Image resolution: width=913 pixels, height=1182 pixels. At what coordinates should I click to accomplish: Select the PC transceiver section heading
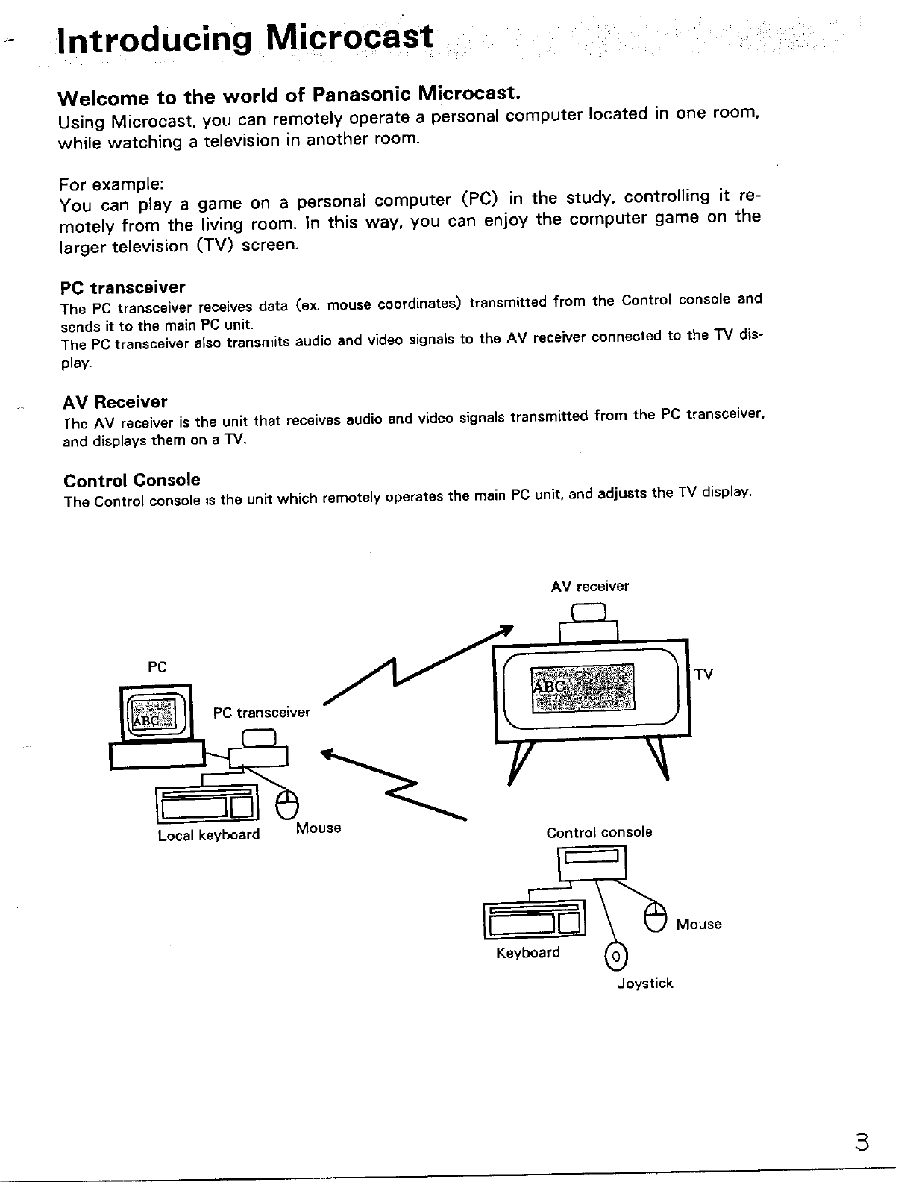(122, 287)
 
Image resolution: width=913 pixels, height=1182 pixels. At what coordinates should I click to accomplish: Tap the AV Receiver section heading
(115, 402)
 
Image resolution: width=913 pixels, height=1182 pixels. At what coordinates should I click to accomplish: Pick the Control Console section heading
(131, 479)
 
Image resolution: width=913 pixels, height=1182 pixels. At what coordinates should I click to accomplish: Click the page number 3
(863, 1144)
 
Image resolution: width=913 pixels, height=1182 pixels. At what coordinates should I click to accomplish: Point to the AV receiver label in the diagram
(589, 587)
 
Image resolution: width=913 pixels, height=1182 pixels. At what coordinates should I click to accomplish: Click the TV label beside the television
(703, 675)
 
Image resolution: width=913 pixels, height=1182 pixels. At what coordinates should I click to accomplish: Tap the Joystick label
(644, 984)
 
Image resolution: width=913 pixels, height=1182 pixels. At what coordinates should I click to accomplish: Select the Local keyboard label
(208, 835)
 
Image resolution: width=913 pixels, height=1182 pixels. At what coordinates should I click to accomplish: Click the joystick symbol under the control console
(617, 955)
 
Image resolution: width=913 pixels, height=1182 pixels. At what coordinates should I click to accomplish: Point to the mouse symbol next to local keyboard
(287, 805)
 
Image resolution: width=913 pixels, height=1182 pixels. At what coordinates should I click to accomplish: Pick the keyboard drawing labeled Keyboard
(534, 919)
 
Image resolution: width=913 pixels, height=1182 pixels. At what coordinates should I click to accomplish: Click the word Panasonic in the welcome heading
(361, 95)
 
